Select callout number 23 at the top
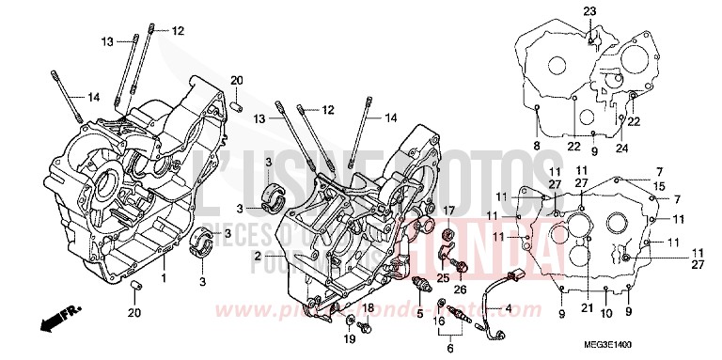pyautogui.click(x=589, y=11)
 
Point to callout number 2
pyautogui.click(x=257, y=256)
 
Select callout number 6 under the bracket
pyautogui.click(x=449, y=349)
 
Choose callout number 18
pyautogui.click(x=369, y=308)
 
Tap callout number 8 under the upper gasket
pyautogui.click(x=536, y=147)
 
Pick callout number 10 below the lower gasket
pyautogui.click(x=606, y=312)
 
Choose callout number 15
pyautogui.click(x=661, y=187)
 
